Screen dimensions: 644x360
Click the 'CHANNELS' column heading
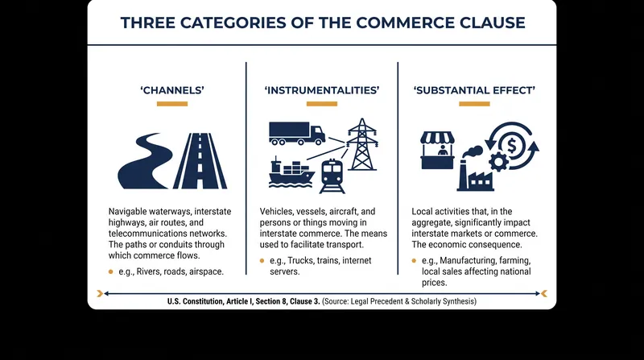click(172, 90)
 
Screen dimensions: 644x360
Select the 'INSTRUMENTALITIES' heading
click(322, 90)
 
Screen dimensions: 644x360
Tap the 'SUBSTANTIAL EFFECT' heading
click(474, 90)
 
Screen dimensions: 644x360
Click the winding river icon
click(145, 161)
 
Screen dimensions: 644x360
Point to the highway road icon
click(200, 161)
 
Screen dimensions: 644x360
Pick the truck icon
click(297, 134)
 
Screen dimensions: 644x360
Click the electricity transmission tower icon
click(361, 144)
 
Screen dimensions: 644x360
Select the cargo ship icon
click(291, 172)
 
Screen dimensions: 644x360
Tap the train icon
click(332, 176)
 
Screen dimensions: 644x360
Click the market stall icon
click(438, 151)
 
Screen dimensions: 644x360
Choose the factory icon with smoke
click(475, 169)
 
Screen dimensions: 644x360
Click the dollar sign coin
click(512, 146)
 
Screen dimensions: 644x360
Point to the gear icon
click(499, 162)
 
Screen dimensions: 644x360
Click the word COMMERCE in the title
click(405, 23)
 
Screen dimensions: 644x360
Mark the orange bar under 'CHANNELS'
click(172, 104)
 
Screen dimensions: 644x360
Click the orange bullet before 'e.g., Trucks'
click(262, 261)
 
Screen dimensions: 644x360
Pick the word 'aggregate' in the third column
click(431, 223)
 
